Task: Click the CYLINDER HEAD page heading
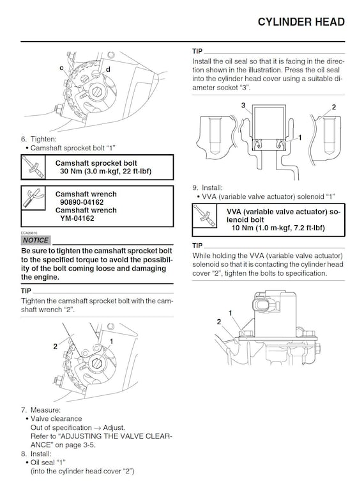point(301,22)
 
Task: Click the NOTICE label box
point(35,240)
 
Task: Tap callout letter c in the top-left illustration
point(61,67)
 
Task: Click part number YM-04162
point(77,218)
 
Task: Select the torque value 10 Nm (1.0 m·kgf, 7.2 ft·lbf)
point(278,228)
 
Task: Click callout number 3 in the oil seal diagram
point(243,105)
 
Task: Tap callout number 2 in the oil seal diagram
point(333,106)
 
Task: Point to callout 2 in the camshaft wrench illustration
point(55,346)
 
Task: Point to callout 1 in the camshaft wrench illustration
point(111,342)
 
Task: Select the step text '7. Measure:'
point(40,409)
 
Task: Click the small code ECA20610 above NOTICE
point(29,232)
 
